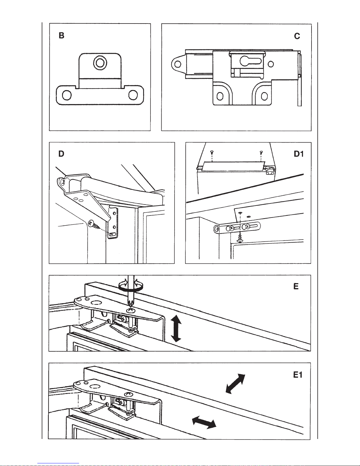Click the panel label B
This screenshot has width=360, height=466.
(61, 36)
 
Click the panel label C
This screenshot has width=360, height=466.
(297, 36)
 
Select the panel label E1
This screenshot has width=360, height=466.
(298, 375)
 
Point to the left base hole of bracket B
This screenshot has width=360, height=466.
(67, 95)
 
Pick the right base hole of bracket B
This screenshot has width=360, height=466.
(133, 95)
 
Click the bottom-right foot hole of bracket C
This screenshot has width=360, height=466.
(264, 96)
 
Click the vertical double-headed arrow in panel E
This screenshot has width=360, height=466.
(176, 328)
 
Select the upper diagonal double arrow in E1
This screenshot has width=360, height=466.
(235, 383)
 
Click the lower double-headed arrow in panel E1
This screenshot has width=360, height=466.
(204, 422)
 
